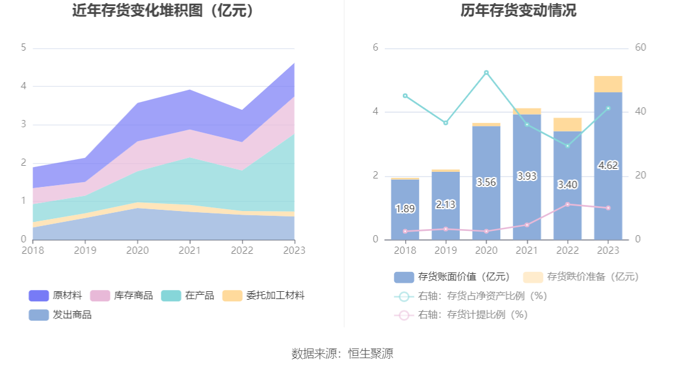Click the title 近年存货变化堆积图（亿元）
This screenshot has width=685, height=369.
(x=163, y=11)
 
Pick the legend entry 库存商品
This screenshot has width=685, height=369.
(x=121, y=295)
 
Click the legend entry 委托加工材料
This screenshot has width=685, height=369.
(x=263, y=295)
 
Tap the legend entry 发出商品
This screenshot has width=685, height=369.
(x=60, y=315)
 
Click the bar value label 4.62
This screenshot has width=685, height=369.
(x=608, y=165)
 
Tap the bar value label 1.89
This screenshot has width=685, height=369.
(x=405, y=209)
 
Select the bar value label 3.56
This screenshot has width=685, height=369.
(x=486, y=182)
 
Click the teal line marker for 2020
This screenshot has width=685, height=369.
(x=486, y=72)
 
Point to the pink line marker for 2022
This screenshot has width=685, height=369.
(x=567, y=204)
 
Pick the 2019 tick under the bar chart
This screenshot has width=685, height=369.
(x=446, y=250)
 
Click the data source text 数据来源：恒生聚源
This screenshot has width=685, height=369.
(x=342, y=354)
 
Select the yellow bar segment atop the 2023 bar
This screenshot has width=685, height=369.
(x=608, y=84)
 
